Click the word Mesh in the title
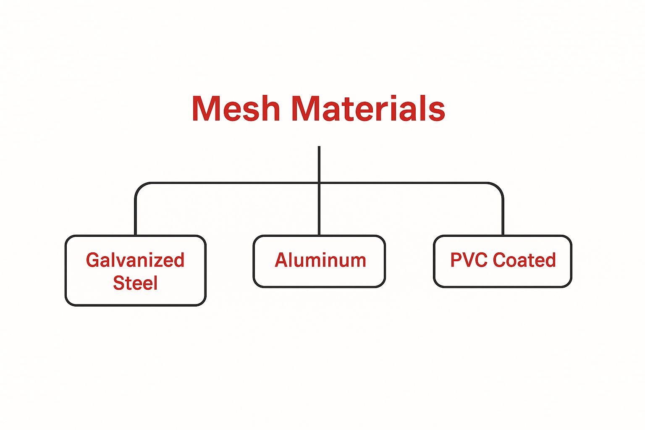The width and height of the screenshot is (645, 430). pos(236,108)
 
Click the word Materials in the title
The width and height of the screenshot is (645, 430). pos(367,108)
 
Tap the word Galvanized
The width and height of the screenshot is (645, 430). pos(135,260)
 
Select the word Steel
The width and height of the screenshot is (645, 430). pos(135,283)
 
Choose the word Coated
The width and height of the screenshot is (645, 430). pos(524,260)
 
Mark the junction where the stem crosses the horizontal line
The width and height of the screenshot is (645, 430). pos(319,183)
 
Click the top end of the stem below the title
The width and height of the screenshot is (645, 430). pos(319,147)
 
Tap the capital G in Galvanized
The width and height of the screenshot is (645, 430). pos(93,260)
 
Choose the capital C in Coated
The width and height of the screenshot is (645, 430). pos(500,260)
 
